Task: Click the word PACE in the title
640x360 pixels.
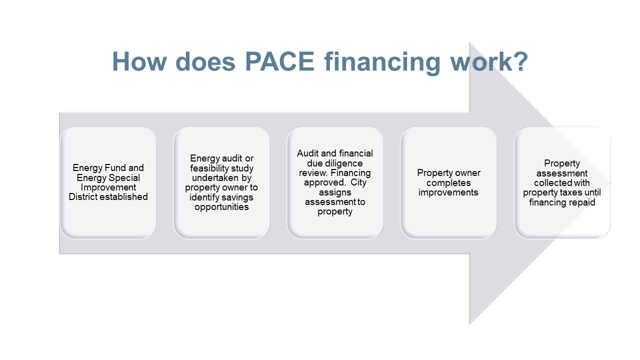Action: click(279, 61)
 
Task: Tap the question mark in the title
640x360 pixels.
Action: click(521, 61)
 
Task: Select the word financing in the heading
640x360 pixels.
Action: click(382, 63)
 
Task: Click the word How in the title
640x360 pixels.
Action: click(139, 61)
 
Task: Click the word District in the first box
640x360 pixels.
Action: click(83, 197)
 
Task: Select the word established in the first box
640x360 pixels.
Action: click(123, 197)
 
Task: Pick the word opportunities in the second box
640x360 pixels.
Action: click(221, 207)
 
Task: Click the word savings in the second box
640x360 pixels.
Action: click(236, 197)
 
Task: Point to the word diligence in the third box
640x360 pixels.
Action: click(345, 163)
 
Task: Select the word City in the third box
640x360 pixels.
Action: click(358, 183)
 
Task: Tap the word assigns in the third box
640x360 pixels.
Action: click(335, 193)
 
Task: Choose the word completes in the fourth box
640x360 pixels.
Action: click(448, 183)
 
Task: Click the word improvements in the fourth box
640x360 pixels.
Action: click(448, 192)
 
